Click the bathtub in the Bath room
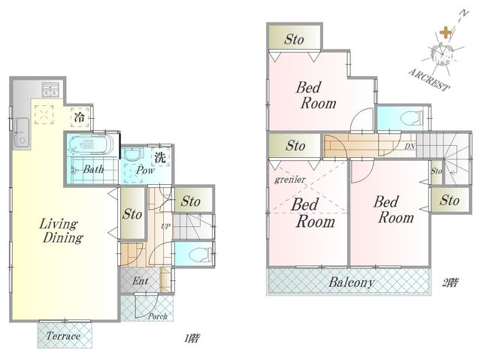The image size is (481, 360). tap(91, 144)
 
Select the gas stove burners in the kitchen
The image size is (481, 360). tap(50, 89)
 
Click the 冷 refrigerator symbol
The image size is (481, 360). tap(80, 116)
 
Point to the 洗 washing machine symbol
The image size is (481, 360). tap(160, 158)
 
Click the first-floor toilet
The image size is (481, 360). tap(198, 254)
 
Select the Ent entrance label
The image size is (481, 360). tap(141, 280)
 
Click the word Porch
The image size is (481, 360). tap(158, 316)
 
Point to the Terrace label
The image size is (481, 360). tap(63, 336)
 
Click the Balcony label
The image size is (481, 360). tap(352, 282)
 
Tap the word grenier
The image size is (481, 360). tap(290, 180)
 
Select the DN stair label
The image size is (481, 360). tap(410, 147)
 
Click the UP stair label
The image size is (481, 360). tap(165, 227)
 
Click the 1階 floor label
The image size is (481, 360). tap(192, 338)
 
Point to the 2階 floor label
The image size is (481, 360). tap(450, 283)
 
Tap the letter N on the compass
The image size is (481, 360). tap(464, 14)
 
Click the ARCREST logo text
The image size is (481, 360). tap(429, 79)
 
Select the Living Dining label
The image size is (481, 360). tap(61, 231)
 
